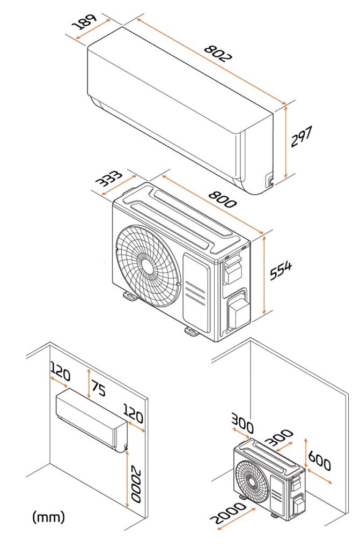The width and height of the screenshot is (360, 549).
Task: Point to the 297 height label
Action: [x=302, y=137]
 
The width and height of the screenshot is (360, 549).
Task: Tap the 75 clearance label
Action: [x=98, y=389]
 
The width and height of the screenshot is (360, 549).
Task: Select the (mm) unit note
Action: [x=49, y=517]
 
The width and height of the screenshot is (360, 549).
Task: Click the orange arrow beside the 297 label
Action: [x=286, y=140]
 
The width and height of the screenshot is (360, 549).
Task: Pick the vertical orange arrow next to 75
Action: [x=88, y=379]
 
